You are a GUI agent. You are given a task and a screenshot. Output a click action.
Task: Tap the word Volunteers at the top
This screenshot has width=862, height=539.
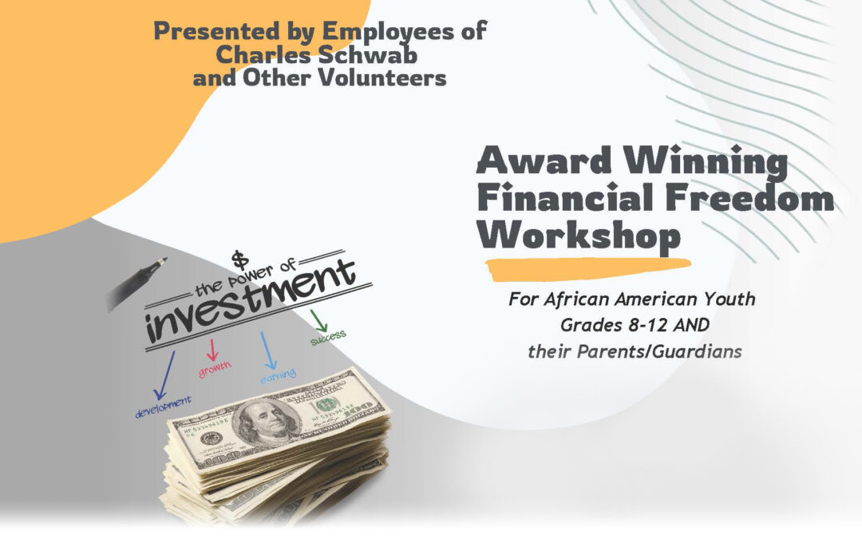(x=380, y=78)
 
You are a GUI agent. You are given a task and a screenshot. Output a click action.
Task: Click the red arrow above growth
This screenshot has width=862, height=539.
(x=212, y=348)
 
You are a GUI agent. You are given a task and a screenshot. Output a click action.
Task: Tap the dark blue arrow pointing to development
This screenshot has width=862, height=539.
(x=167, y=375)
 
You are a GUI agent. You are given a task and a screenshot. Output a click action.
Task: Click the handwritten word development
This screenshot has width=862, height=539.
(x=164, y=406)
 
